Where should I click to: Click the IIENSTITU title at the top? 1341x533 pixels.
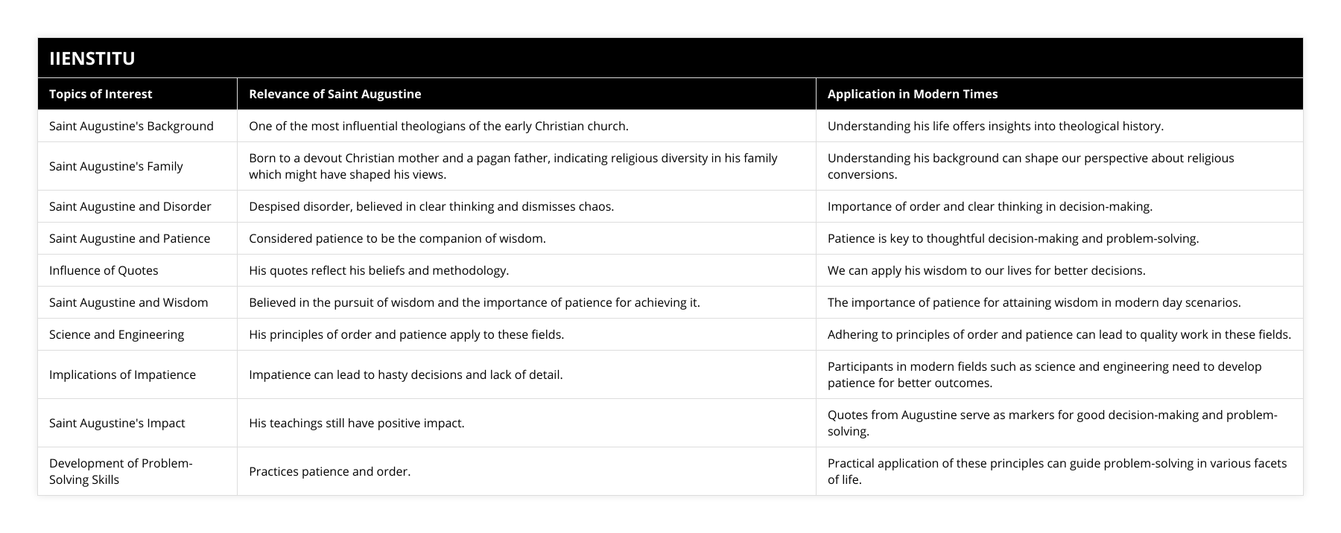92,58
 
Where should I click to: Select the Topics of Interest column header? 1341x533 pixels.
101,94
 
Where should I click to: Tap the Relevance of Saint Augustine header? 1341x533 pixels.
335,94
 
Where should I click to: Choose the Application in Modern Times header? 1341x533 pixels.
912,94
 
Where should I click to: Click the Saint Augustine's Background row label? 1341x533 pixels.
131,126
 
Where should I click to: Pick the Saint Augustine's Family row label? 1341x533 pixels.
115,166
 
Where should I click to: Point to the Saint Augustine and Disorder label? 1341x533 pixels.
130,206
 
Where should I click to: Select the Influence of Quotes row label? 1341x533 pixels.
104,270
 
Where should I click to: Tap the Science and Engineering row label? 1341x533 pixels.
116,334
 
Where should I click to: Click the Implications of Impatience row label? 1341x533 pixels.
122,374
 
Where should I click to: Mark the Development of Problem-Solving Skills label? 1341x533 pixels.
121,471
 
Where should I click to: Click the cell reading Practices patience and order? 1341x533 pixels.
329,471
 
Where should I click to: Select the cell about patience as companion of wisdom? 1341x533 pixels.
397,238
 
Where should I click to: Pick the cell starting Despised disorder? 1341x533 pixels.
431,206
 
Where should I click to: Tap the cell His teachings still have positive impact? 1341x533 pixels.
356,423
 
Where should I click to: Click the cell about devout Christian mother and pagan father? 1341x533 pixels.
513,166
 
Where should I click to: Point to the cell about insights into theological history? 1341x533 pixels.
995,126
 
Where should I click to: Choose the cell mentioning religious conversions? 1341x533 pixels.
1030,166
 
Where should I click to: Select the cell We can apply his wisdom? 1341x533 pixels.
986,270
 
